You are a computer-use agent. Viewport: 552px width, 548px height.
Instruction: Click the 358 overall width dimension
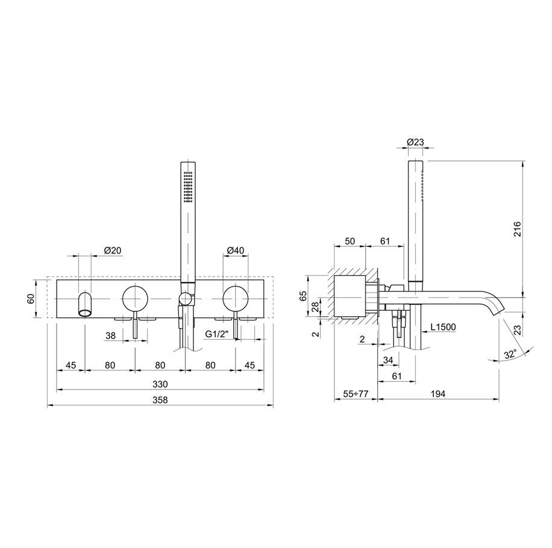point(160,400)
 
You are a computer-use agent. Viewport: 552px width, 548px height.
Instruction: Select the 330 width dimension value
point(160,384)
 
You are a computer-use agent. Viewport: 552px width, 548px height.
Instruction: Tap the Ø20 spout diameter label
point(113,251)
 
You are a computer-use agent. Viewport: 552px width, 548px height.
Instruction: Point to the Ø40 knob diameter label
point(236,251)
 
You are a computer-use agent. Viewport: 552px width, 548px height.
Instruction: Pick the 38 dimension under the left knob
point(110,335)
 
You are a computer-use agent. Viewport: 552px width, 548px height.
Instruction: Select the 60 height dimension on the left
point(31,299)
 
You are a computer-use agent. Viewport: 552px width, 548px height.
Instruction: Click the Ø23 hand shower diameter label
point(415,142)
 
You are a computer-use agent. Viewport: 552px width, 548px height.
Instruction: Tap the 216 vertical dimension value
point(517,229)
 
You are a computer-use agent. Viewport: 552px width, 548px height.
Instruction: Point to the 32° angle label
point(510,354)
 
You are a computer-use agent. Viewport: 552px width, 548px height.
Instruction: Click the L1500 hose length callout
point(443,327)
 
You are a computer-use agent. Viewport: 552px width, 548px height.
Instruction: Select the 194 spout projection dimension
point(438,394)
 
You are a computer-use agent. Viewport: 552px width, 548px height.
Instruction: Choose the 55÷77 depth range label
point(356,394)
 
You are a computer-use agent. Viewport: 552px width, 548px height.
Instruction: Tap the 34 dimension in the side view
point(387,360)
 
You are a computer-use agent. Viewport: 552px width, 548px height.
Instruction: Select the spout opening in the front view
point(84,311)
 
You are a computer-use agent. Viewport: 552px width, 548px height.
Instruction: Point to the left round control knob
point(135,299)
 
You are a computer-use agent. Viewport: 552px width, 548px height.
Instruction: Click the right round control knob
point(236,299)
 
